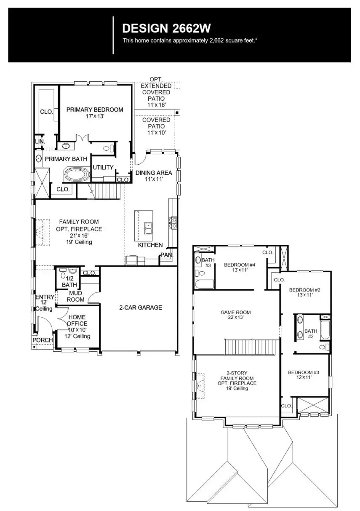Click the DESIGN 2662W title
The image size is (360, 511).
coord(166,28)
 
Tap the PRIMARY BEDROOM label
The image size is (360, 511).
coord(95,110)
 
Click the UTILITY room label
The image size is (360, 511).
coord(103,167)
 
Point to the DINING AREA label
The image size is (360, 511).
coord(154,173)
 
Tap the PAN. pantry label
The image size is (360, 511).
coord(165,255)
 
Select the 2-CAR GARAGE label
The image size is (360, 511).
coord(140,308)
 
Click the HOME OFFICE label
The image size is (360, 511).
coord(77,320)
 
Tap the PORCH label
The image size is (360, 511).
coord(43,340)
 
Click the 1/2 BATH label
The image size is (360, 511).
coord(69,282)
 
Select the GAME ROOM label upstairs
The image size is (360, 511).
coord(236,312)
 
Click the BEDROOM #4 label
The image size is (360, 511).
coord(239,265)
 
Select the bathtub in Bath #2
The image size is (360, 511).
coord(325,330)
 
